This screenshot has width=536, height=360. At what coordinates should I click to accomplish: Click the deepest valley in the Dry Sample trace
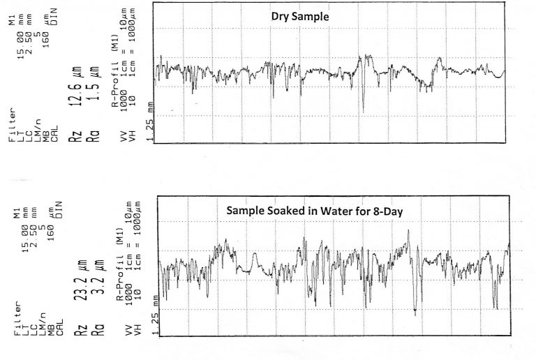tap(363, 110)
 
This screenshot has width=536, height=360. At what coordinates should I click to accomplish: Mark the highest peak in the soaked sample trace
tap(410, 231)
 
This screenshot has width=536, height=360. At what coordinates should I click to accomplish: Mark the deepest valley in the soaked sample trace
tap(415, 313)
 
